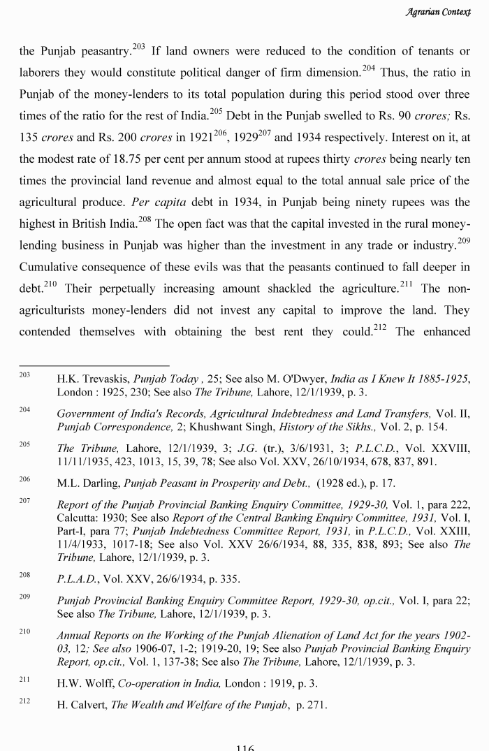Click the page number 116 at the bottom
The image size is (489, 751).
point(245,747)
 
